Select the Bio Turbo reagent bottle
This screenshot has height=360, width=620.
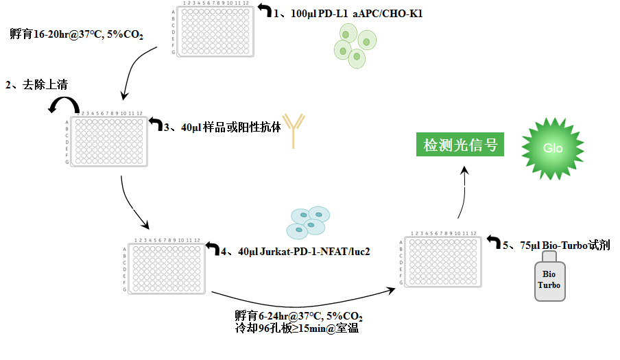point(550,276)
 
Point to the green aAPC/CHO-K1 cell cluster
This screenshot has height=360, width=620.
point(354,46)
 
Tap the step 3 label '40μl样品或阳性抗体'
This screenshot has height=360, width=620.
point(222,128)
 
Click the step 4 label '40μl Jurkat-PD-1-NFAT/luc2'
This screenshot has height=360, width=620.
point(295,252)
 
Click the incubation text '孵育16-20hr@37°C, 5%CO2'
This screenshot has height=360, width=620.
point(76,34)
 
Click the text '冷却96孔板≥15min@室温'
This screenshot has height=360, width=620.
point(296,328)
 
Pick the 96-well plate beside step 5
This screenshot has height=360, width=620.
point(442,261)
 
